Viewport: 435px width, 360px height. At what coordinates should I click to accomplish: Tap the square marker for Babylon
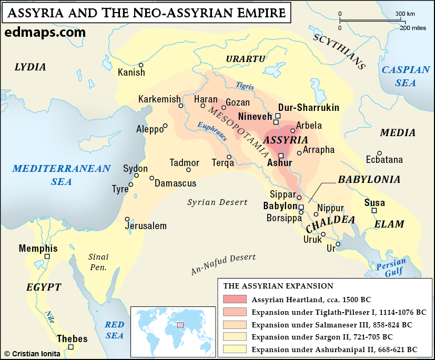pos(301,207)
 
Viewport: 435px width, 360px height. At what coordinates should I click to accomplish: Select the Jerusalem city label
pos(146,226)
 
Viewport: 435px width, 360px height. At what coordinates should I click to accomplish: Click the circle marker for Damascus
pos(152,178)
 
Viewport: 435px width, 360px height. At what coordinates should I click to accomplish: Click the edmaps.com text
pos(45,33)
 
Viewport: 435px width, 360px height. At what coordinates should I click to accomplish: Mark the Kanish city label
pos(131,73)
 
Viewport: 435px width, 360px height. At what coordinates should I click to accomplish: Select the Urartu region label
pos(246,59)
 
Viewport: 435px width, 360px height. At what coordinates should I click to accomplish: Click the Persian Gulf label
pos(391,266)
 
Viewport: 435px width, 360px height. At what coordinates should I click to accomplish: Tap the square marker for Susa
pos(374,210)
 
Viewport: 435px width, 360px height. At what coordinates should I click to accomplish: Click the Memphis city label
pos(38,248)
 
